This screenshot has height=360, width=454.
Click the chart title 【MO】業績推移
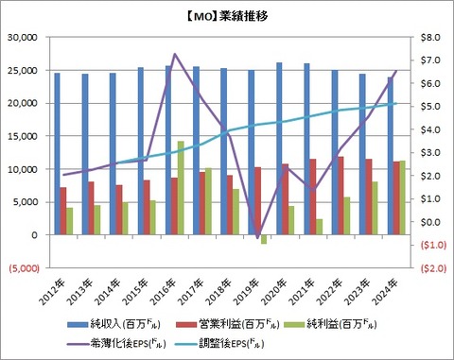[227, 17]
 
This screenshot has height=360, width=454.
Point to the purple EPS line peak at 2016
[175, 55]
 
